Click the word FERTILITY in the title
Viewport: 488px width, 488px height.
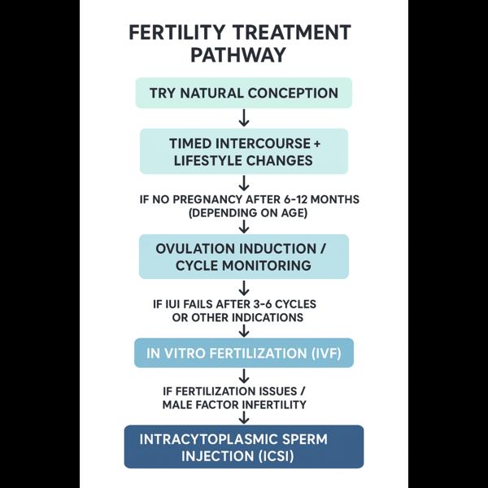coord(176,33)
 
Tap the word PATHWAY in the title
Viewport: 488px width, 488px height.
coord(238,55)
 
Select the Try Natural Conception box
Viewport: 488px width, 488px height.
coord(244,93)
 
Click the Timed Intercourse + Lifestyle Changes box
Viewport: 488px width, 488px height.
coord(244,151)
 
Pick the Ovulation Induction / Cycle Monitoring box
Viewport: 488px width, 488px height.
coord(244,256)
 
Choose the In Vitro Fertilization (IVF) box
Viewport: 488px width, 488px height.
coord(244,353)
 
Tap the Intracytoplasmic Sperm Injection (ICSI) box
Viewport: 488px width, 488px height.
coord(244,447)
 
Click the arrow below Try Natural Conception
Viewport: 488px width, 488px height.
coord(244,118)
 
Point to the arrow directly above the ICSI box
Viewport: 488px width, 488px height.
coord(244,418)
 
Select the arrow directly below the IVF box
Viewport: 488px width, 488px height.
coord(244,376)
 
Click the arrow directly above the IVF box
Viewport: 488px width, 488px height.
coord(244,331)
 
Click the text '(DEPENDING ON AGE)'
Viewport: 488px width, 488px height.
coord(248,213)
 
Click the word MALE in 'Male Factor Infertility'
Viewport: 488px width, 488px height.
coord(176,405)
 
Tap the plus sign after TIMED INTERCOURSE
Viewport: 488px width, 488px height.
coord(317,144)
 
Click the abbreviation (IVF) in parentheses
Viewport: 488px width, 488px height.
coord(326,354)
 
